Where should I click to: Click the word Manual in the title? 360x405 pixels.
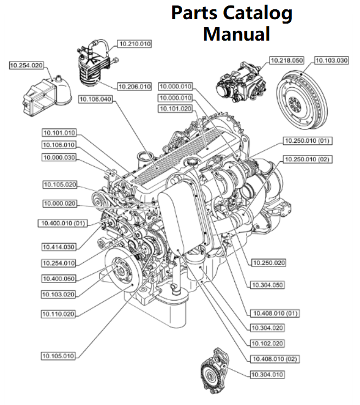point(237,33)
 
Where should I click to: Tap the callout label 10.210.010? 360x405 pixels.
point(135,43)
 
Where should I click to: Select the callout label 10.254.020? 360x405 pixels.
point(26,65)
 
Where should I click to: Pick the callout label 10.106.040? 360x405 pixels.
point(95,99)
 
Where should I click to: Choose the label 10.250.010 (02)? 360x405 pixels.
point(307,159)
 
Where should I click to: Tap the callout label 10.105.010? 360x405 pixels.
point(58,356)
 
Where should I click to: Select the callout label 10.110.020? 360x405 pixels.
point(58,314)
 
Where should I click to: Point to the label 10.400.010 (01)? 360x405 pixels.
point(63,223)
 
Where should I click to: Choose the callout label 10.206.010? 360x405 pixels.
point(135,86)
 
